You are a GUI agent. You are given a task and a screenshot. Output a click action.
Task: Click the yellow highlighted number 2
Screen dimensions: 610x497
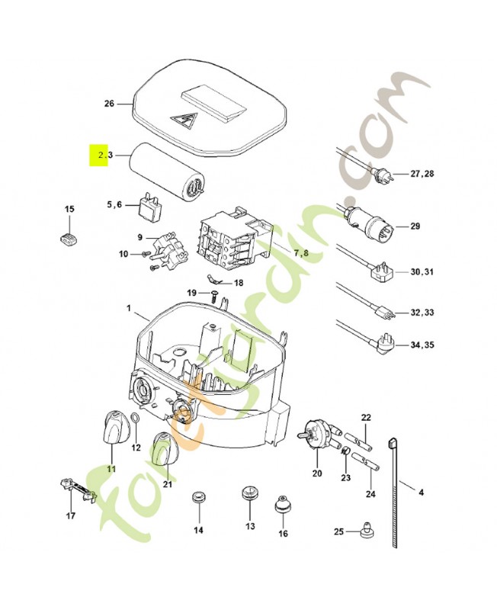pyautogui.click(x=99, y=156)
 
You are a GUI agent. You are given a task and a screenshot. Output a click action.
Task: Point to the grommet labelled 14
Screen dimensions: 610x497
pyautogui.click(x=199, y=497)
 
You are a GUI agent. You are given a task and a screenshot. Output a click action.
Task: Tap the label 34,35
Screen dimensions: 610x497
pyautogui.click(x=424, y=345)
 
